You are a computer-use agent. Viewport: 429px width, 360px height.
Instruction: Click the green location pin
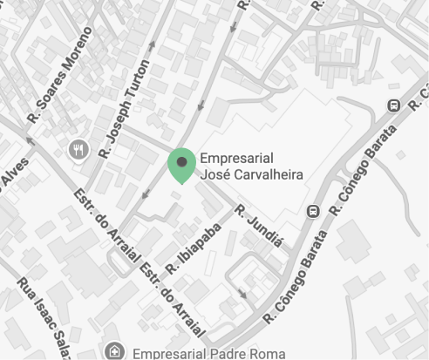click(181, 165)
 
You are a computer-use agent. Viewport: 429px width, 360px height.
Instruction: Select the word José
click(216, 174)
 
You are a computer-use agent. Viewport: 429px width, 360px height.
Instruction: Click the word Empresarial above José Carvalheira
click(237, 158)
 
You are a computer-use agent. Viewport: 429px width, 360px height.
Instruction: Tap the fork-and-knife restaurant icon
click(78, 150)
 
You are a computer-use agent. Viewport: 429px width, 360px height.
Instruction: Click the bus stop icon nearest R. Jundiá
click(312, 210)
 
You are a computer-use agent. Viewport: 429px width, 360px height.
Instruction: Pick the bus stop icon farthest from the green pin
click(393, 105)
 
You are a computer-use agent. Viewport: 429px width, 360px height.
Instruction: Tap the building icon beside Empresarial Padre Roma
click(112, 351)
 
